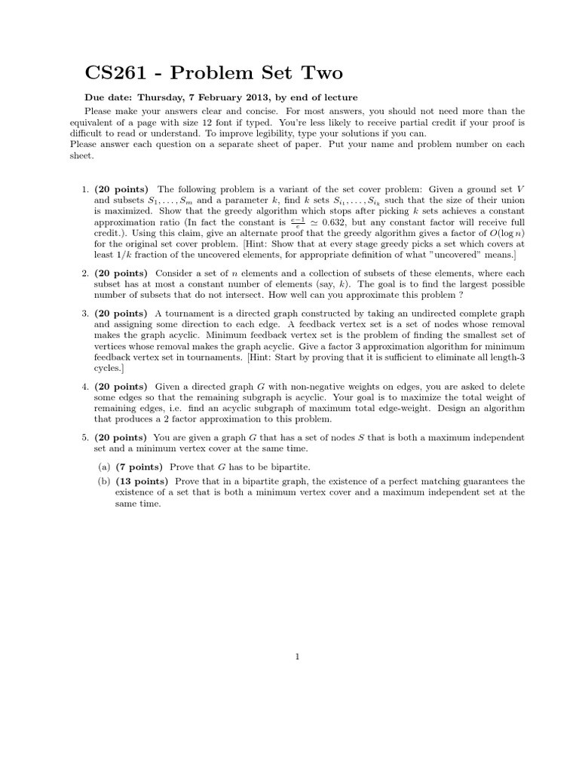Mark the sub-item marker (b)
coord(105,481)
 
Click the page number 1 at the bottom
coord(299,657)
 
